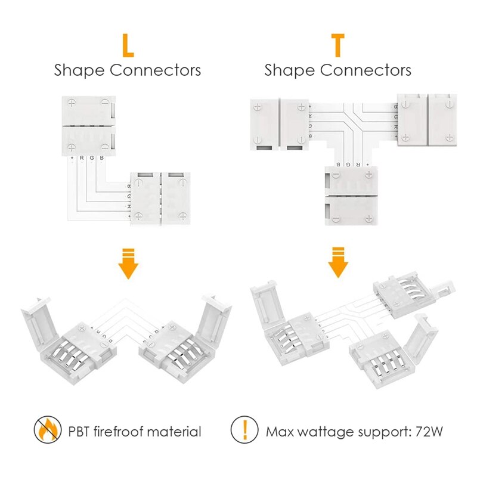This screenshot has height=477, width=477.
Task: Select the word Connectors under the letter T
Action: pos(366,70)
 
